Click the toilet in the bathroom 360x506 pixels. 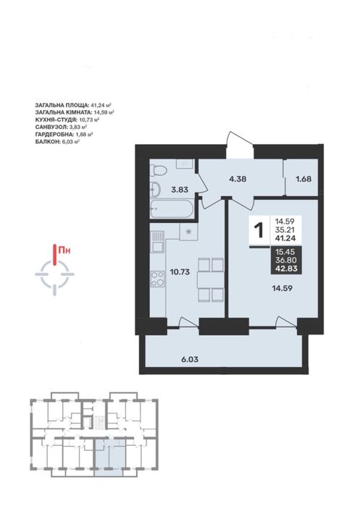[157, 171]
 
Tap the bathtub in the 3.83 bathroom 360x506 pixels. [172, 208]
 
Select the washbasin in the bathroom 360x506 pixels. [156, 189]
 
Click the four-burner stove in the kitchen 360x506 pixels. [157, 279]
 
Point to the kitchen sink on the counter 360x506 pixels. [158, 242]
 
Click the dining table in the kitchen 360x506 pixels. [210, 279]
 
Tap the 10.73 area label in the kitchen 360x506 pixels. [180, 272]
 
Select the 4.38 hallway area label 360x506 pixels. [238, 179]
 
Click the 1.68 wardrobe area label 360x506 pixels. [304, 179]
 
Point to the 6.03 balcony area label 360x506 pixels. [190, 359]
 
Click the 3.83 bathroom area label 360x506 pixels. [180, 190]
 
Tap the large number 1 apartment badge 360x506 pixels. [259, 230]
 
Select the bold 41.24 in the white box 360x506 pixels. [285, 239]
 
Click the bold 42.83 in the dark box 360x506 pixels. [286, 268]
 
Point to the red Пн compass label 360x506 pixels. [64, 250]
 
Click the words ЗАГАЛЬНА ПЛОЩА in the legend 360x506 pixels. [62, 105]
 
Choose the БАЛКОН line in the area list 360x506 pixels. [57, 141]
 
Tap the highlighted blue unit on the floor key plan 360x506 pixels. [109, 457]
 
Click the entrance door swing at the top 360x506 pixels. [240, 145]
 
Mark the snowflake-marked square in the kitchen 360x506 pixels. [188, 232]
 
